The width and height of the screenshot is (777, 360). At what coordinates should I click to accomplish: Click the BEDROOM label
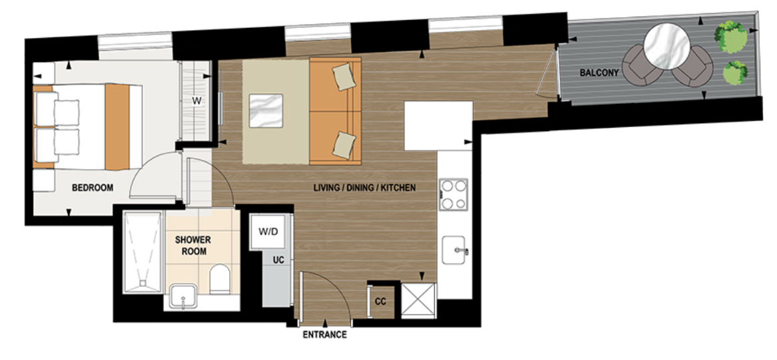coord(93,188)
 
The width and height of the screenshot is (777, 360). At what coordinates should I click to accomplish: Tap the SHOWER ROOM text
coord(193,245)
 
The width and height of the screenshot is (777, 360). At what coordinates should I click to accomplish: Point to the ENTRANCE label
coord(325,335)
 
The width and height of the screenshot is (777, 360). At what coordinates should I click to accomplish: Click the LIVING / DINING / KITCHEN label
coord(364,188)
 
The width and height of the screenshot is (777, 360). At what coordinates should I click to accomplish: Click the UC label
coord(278,259)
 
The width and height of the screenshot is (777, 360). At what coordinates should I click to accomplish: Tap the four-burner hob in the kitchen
coord(453,195)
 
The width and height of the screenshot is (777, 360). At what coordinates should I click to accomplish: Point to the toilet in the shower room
coord(219,279)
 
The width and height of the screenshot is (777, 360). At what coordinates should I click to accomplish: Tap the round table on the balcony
coord(666,45)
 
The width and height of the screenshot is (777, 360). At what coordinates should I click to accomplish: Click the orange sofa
coord(335,111)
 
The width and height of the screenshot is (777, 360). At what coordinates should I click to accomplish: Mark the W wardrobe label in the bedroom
coord(196,101)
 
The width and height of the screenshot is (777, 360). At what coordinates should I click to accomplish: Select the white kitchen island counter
coord(438,125)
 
